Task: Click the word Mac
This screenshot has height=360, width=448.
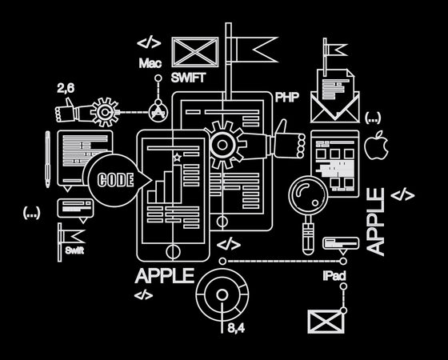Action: (x=150, y=63)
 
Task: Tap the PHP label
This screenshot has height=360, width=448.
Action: (x=287, y=97)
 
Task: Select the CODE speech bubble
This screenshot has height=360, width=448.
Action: (x=117, y=180)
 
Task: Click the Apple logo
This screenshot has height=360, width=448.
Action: (x=376, y=145)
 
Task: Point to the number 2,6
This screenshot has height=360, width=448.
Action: (x=66, y=88)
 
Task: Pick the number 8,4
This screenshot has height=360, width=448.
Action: (x=236, y=328)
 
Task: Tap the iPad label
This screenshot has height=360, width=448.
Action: (x=334, y=276)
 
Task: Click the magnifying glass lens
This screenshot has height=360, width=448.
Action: (x=308, y=195)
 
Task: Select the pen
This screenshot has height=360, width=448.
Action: (x=47, y=159)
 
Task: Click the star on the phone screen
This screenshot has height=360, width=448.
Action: (x=177, y=157)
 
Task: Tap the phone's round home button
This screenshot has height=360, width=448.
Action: (x=173, y=251)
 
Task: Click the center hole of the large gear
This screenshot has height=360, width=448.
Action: (x=222, y=145)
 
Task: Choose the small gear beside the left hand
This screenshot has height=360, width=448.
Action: (x=105, y=112)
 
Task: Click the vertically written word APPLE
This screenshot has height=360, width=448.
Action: (x=375, y=222)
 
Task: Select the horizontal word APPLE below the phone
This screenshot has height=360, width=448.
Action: (x=165, y=276)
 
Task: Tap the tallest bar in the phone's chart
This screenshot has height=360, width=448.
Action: (x=177, y=183)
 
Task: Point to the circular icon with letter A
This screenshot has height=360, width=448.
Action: (x=158, y=112)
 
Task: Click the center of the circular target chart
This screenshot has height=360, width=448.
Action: (x=222, y=295)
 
